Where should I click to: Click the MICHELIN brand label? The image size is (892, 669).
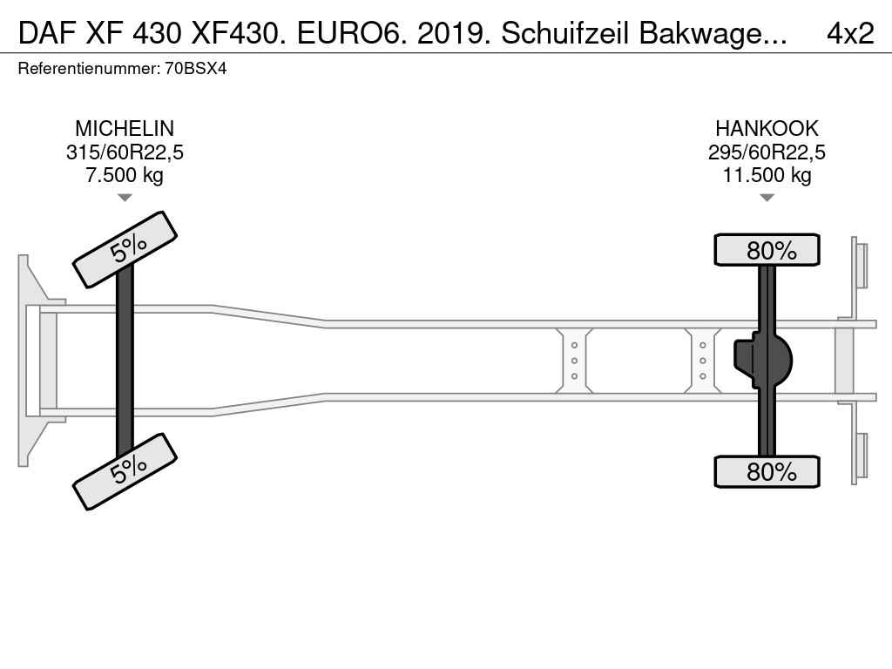click(x=125, y=129)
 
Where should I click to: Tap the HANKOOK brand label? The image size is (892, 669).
click(x=767, y=129)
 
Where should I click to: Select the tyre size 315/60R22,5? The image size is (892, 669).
click(x=125, y=152)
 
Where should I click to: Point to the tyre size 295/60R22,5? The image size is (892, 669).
click(x=767, y=152)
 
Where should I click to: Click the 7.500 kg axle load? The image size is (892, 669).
click(x=125, y=175)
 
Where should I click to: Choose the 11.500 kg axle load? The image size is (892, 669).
click(x=767, y=175)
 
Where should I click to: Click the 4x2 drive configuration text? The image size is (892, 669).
click(x=850, y=34)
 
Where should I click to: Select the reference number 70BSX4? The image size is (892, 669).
click(x=196, y=69)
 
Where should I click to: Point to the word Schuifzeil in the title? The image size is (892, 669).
click(x=565, y=34)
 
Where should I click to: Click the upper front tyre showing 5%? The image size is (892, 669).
click(x=125, y=250)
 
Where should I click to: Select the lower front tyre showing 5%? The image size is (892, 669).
click(x=125, y=471)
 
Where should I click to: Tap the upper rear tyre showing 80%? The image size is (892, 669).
click(x=767, y=249)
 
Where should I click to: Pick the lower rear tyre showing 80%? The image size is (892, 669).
click(x=767, y=471)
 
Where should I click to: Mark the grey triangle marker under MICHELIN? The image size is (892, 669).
click(x=125, y=198)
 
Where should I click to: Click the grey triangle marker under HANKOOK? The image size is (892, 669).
click(x=767, y=198)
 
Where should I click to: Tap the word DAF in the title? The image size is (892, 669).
click(x=47, y=34)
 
